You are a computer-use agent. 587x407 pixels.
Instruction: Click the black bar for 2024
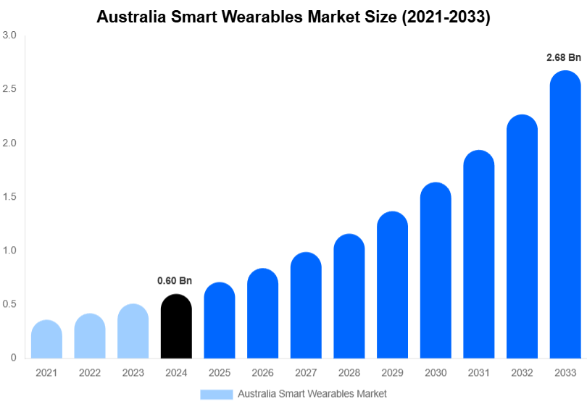coord(176,327)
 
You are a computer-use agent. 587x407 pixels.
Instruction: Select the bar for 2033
coord(565,217)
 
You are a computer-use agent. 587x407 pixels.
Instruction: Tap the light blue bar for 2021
coord(46,340)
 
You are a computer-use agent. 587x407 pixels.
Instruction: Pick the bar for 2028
coord(349,297)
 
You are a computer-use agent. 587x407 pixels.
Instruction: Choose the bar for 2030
coord(436,272)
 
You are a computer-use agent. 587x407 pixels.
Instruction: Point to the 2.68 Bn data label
coord(564,56)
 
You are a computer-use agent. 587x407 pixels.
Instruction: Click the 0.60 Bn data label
coord(175,280)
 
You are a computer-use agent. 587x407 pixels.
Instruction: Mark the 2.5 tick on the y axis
coord(9,89)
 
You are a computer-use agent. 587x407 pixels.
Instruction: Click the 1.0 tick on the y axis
coord(9,251)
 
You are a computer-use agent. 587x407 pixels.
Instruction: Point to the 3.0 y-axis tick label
coord(9,35)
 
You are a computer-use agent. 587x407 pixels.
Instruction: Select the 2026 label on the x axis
coord(262,372)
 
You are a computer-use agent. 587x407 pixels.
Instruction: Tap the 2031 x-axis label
coord(479,372)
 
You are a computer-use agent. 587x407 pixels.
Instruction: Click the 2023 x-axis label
coord(133,372)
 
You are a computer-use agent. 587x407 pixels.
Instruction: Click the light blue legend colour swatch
coord(217,394)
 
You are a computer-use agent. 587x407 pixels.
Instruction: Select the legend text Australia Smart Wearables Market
coord(312,394)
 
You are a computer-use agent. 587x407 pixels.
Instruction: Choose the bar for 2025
coord(220,321)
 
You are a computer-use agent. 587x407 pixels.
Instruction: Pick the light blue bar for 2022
coord(90,336)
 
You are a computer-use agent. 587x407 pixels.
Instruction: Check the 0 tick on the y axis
coord(14,358)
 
